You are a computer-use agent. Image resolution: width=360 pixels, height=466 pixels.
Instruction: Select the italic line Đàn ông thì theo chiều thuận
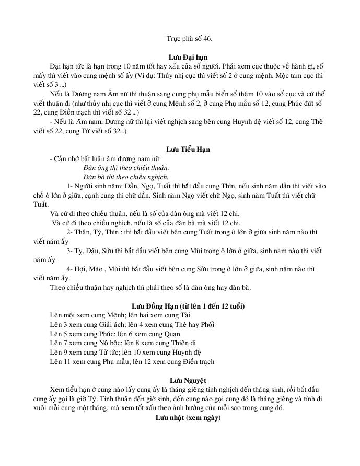click(x=126, y=168)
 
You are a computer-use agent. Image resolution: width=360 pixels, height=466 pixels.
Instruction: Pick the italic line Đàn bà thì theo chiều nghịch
click(x=126, y=177)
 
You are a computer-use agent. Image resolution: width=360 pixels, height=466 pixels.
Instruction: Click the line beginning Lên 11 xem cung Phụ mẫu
click(x=132, y=362)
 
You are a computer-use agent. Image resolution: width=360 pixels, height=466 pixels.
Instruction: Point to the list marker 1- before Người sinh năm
click(x=71, y=187)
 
